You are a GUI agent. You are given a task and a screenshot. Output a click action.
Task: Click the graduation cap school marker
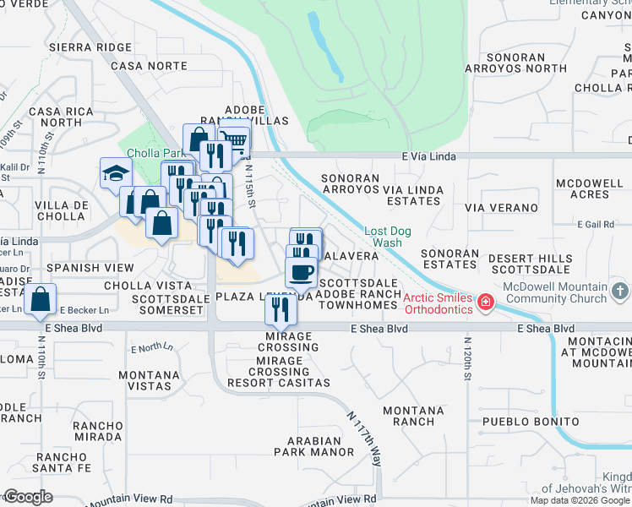tap(116, 173)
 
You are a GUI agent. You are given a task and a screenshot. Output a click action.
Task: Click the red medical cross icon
tap(486, 302)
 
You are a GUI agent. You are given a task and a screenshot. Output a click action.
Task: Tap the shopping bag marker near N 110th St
tap(41, 299)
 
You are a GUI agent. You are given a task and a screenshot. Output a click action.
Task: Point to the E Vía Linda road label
tap(430, 155)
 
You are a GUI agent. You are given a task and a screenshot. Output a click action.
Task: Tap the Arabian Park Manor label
tap(320, 446)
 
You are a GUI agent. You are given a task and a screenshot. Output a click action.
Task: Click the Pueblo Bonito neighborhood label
tap(531, 421)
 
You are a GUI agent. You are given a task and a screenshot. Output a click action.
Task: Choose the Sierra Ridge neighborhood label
tap(91, 47)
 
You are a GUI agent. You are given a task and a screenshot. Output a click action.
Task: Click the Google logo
tap(28, 497)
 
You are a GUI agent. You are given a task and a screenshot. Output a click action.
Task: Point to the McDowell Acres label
tap(589, 189)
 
